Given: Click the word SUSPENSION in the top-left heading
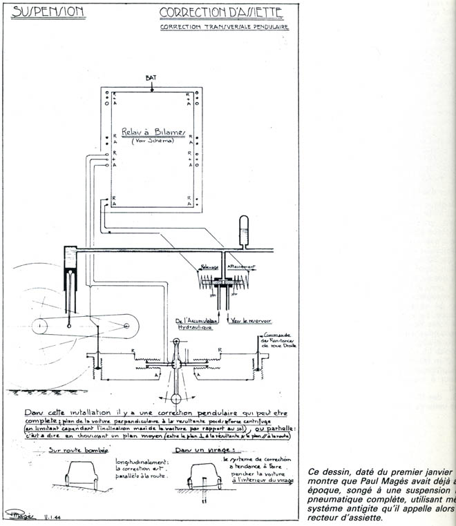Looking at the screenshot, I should pyautogui.click(x=48, y=12).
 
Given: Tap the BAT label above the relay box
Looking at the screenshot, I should pyautogui.click(x=151, y=78).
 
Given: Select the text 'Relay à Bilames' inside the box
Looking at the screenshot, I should pyautogui.click(x=151, y=131).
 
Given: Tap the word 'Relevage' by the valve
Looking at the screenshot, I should pyautogui.click(x=210, y=266).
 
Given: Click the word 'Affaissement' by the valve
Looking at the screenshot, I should pyautogui.click(x=243, y=266).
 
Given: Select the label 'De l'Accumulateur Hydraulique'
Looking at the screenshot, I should pyautogui.click(x=197, y=324).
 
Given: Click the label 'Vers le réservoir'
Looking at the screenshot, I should pyautogui.click(x=247, y=321).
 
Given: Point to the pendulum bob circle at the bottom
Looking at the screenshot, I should pyautogui.click(x=175, y=398).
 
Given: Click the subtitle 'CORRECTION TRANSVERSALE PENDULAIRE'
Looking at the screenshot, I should pyautogui.click(x=225, y=28).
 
